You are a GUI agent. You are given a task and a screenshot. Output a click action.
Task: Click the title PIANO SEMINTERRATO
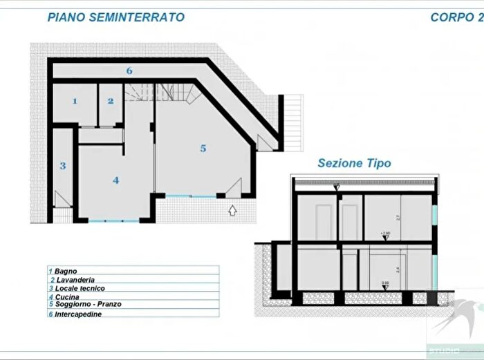tap(115, 17)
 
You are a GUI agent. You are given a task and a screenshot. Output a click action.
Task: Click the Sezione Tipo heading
tap(354, 164)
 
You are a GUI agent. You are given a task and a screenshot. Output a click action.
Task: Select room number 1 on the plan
tap(75, 102)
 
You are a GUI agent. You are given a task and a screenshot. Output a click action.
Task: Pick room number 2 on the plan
tap(110, 101)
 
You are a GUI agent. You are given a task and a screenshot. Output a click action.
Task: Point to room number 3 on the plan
tap(62, 166)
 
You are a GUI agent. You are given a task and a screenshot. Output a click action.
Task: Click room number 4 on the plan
tap(115, 180)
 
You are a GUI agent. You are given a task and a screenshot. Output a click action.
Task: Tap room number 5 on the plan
tap(203, 148)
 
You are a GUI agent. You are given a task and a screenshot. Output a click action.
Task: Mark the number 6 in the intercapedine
tap(129, 70)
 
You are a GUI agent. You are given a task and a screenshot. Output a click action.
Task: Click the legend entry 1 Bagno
tap(63, 271)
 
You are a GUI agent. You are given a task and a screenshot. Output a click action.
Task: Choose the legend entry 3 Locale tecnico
tap(76, 288)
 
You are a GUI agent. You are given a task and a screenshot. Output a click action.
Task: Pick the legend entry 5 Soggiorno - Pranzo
tap(85, 305)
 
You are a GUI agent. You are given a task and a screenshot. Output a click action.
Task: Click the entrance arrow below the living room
tap(232, 209)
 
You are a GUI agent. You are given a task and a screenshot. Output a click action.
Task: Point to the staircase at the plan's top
tap(160, 91)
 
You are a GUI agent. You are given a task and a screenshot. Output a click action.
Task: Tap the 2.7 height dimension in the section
tap(397, 217)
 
